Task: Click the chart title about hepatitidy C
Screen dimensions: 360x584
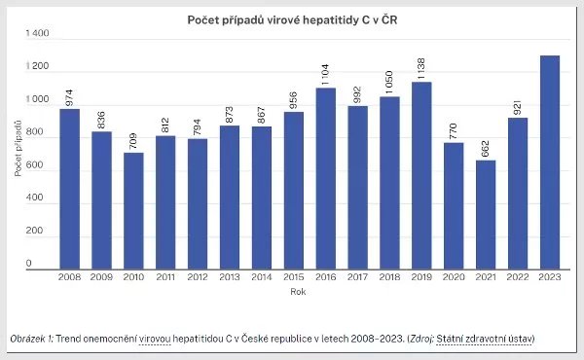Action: [291, 19]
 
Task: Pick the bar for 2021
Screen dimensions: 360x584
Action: [486, 213]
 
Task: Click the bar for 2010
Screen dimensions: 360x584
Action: [133, 209]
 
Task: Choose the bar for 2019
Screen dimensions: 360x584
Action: [423, 174]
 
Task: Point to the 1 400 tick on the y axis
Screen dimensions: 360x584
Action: [36, 33]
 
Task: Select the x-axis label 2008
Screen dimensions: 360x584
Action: [70, 277]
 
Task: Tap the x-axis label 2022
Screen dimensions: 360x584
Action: [518, 277]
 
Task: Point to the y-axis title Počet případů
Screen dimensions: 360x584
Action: [18, 149]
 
